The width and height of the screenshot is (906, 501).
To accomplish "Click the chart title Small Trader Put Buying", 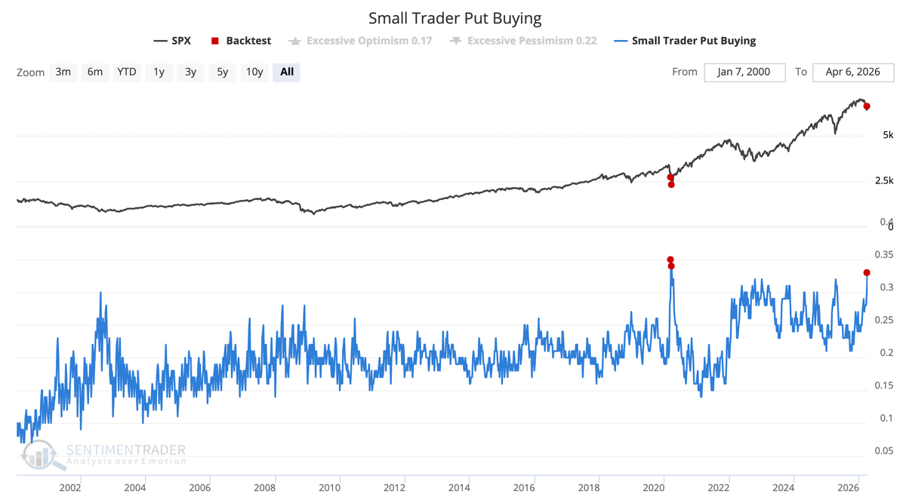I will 455,17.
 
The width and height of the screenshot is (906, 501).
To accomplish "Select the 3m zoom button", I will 63,72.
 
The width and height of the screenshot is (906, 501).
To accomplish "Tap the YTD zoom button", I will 126,72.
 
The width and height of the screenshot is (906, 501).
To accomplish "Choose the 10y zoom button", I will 254,72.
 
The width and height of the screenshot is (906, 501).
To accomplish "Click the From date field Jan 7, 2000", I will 744,72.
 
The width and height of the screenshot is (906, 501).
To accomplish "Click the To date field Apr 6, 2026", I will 853,72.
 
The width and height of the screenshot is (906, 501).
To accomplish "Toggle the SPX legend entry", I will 172,41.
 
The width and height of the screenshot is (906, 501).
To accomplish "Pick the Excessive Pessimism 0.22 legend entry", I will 522,41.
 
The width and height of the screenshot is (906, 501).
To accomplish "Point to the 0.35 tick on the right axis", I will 883,254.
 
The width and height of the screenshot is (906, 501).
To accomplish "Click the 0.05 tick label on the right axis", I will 883,451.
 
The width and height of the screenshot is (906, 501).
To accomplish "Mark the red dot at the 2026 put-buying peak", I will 867,272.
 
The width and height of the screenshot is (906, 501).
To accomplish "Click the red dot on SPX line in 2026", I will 867,106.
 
